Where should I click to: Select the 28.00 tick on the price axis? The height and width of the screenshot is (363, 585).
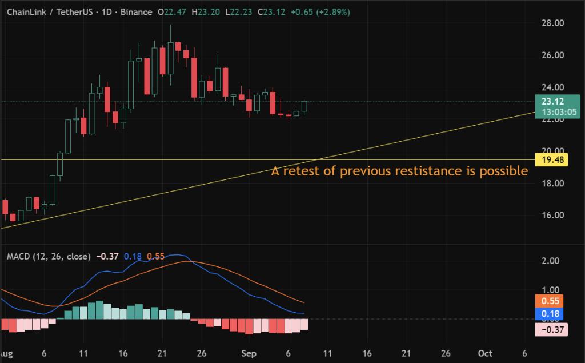[553, 23]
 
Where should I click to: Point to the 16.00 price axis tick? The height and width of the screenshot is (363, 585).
[553, 215]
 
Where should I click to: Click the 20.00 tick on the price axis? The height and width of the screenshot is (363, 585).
[553, 151]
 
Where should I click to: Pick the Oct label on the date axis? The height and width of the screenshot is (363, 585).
[486, 353]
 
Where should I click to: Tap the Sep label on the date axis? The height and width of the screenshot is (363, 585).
[247, 353]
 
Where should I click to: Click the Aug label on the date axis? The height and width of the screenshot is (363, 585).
[6, 353]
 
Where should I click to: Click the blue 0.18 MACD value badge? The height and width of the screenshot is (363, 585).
[551, 313]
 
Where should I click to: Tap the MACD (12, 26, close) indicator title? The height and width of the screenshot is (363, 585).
[48, 257]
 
